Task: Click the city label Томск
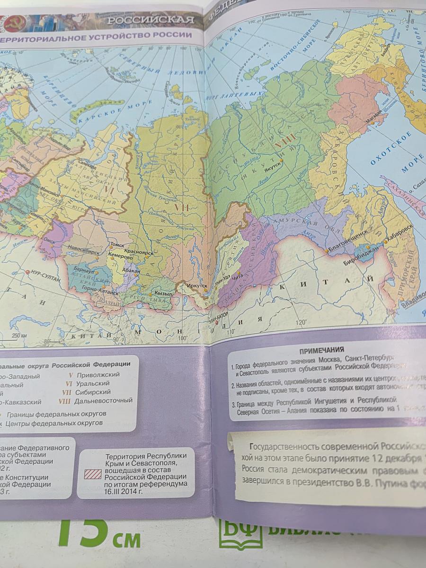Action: pos(116,245)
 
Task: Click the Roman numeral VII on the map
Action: pos(182,208)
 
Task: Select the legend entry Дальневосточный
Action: pos(103,401)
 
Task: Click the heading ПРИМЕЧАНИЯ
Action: pos(322,350)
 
